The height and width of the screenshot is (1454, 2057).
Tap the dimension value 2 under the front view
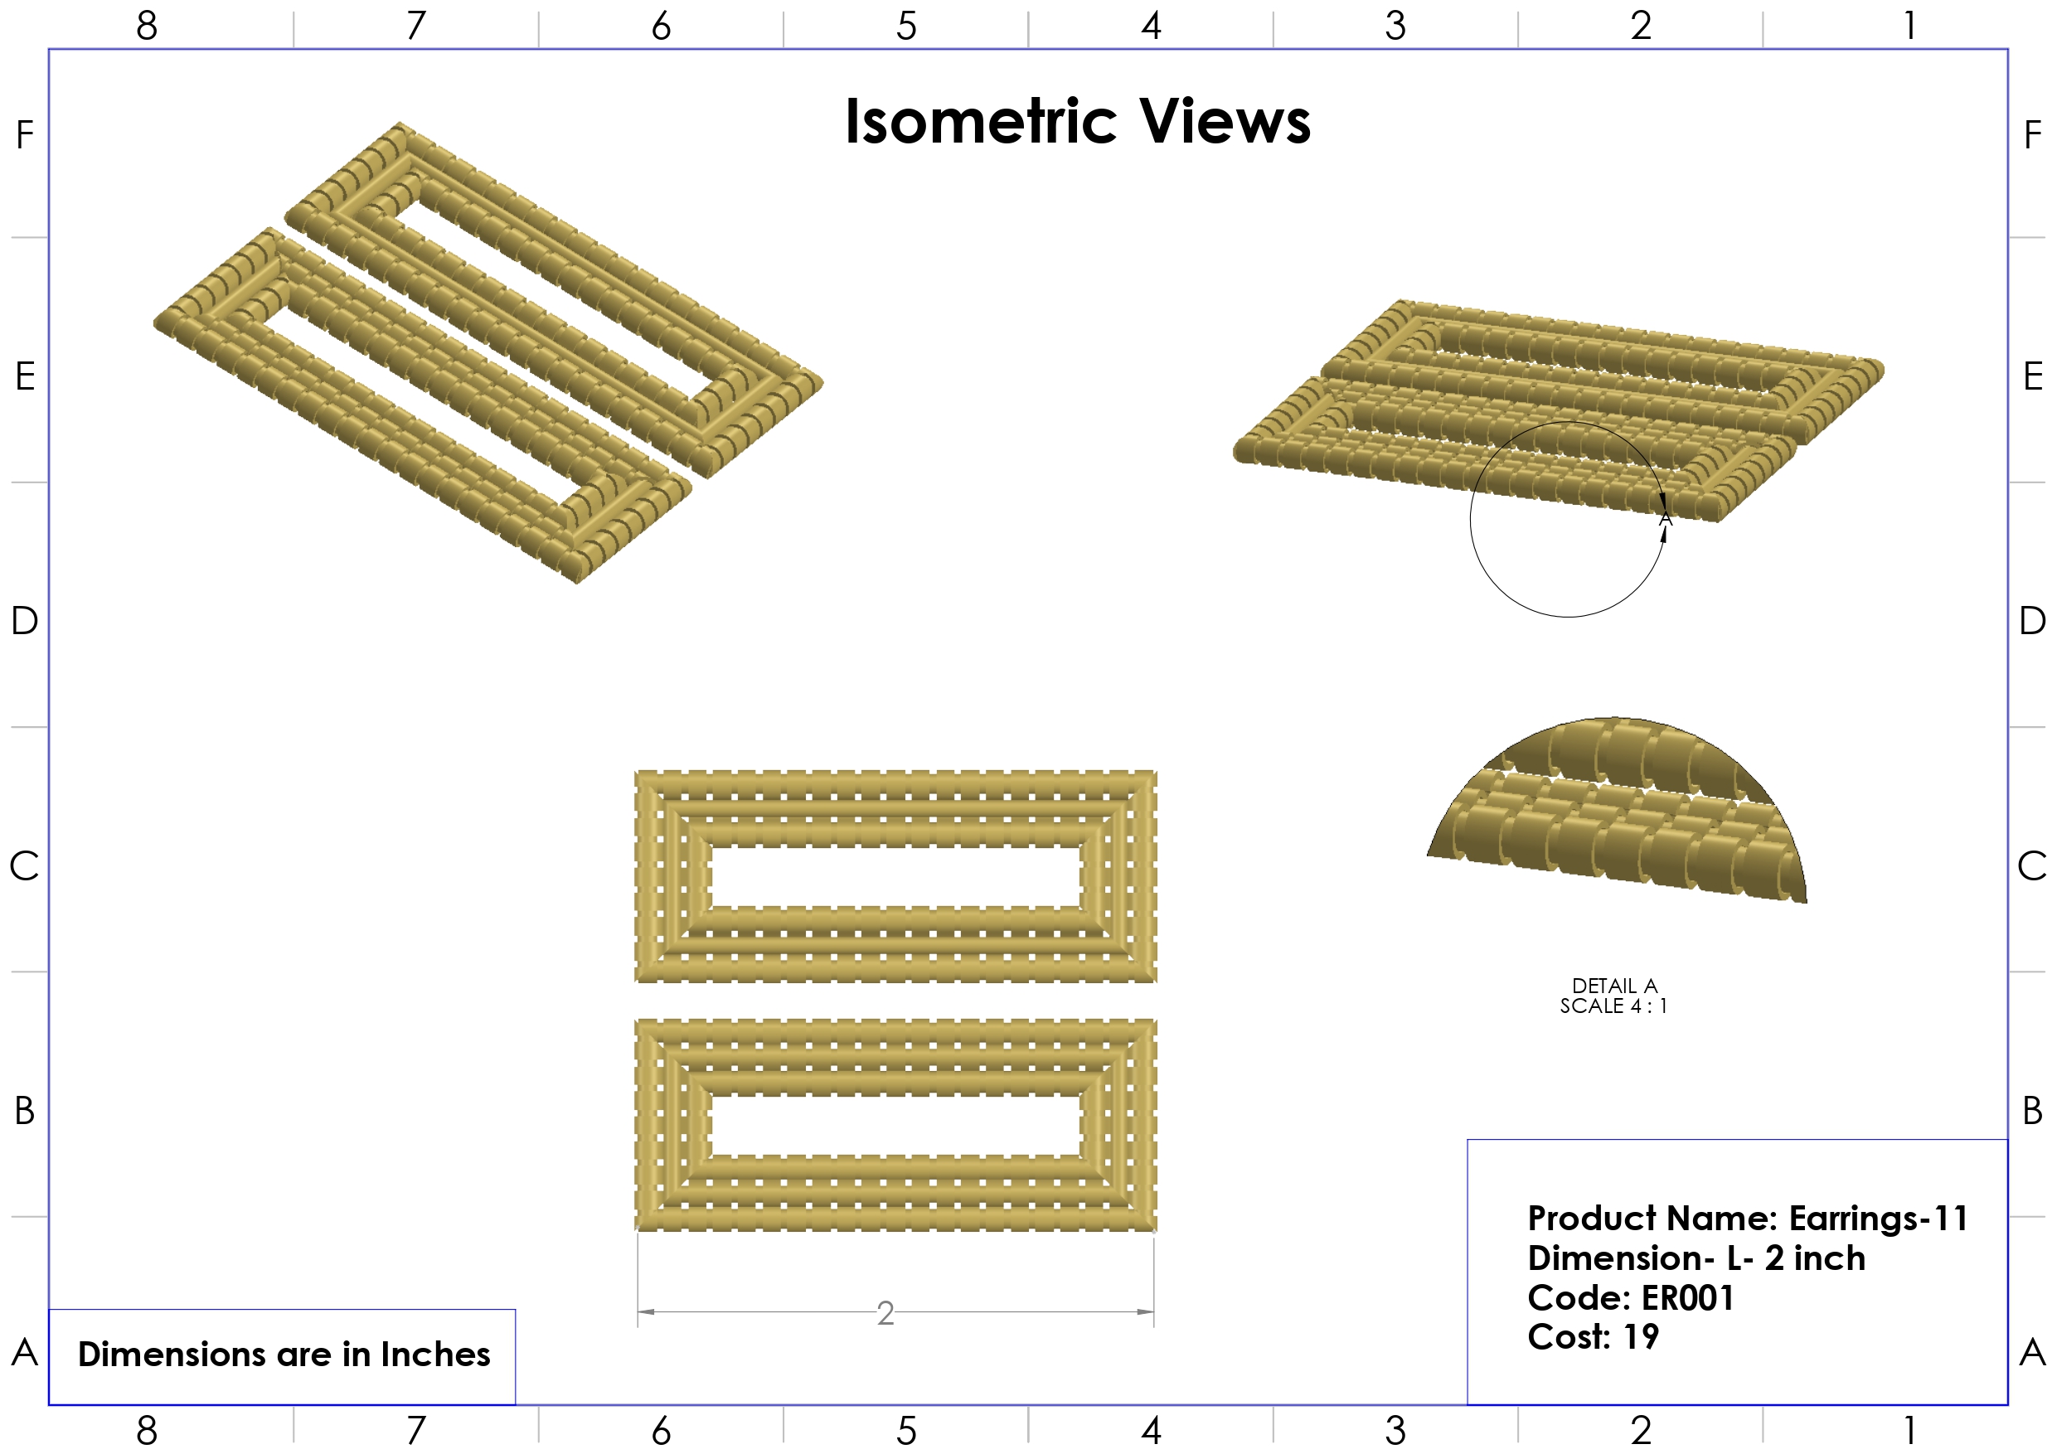(x=885, y=1313)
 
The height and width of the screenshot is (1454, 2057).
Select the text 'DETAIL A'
(x=1614, y=986)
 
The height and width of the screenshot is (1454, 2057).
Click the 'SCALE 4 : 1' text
(x=1613, y=1006)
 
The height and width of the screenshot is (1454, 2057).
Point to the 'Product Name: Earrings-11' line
(x=1747, y=1219)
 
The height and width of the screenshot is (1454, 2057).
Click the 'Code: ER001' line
(x=1631, y=1297)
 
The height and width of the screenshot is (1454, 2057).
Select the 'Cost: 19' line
(x=1593, y=1336)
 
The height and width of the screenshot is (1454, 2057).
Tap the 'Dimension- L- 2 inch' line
(x=1696, y=1258)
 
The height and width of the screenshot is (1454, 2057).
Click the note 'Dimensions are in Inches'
(x=284, y=1354)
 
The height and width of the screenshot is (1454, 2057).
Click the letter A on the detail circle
(x=1666, y=520)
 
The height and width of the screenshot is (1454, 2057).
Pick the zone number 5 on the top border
(x=905, y=26)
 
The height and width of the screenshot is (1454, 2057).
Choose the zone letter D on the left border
(x=24, y=620)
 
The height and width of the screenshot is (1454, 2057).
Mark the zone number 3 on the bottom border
(x=1395, y=1431)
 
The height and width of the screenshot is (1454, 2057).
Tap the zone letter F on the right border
(x=2032, y=135)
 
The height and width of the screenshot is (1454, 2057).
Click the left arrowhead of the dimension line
(x=645, y=1311)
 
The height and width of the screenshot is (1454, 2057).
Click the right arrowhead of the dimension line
(x=1146, y=1311)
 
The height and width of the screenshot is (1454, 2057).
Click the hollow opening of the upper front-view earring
(x=896, y=876)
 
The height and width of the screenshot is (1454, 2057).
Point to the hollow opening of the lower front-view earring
(x=896, y=1125)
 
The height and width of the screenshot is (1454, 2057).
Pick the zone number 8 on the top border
(x=147, y=26)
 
